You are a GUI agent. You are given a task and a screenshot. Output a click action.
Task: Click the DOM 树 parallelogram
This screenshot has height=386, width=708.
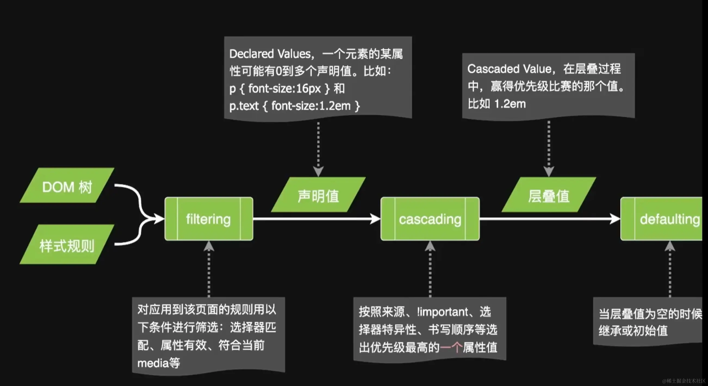point(67,186)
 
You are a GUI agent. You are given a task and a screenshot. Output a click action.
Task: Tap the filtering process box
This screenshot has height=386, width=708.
point(209,219)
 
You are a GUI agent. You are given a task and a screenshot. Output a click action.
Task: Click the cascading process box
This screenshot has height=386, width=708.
point(430,219)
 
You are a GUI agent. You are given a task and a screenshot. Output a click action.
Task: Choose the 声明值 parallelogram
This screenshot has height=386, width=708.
point(318,195)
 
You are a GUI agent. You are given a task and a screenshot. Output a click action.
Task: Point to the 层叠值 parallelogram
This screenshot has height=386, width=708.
point(549,195)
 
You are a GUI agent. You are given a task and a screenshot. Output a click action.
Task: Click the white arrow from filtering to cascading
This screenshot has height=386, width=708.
point(316,219)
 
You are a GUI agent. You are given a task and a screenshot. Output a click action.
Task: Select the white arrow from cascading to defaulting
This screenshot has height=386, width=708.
point(550,219)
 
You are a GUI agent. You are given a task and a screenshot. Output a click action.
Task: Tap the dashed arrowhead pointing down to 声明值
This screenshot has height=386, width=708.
point(318,171)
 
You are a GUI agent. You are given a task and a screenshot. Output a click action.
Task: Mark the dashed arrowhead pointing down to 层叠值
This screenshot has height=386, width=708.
point(549,171)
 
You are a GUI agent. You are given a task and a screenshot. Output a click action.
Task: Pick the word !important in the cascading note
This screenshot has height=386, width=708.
point(443,312)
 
